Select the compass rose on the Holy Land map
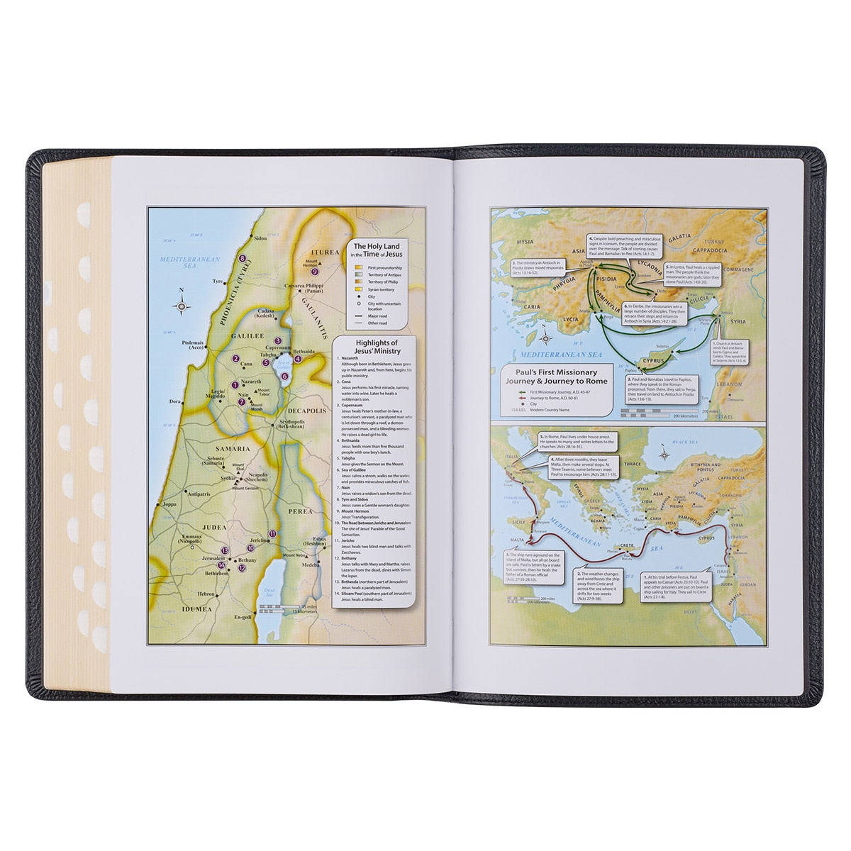184,306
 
